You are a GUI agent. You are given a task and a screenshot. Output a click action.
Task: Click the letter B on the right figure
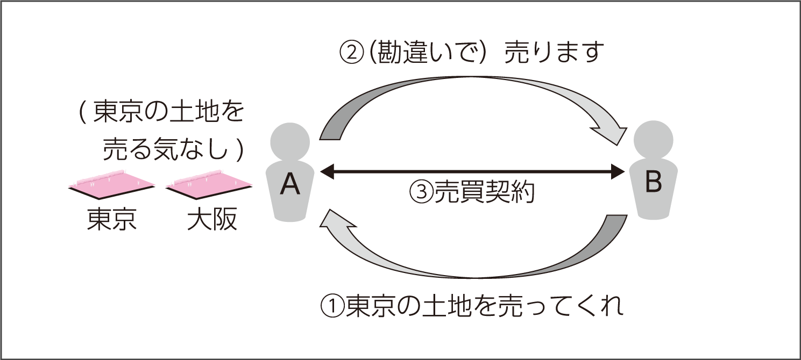click(x=653, y=183)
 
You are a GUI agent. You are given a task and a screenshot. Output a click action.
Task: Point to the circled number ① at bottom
click(x=332, y=307)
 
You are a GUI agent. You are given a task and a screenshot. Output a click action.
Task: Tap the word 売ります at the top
click(x=554, y=53)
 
